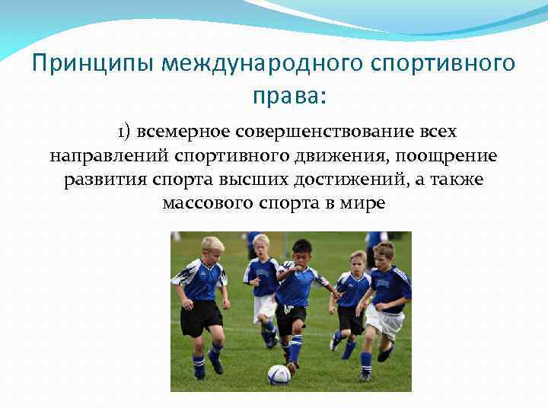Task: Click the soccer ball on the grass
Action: (279, 374)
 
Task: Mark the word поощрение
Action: (448, 156)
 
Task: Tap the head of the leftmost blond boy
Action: (212, 246)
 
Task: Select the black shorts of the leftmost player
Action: (201, 317)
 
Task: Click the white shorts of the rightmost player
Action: (384, 320)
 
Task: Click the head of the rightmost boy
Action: (384, 252)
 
